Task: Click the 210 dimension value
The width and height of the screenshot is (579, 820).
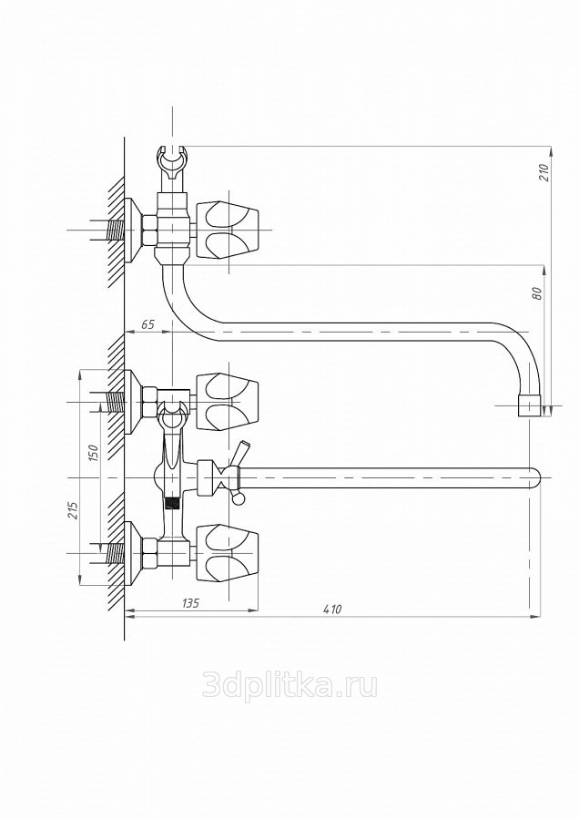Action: pyautogui.click(x=544, y=172)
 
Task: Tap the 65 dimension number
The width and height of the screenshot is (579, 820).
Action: pyautogui.click(x=147, y=324)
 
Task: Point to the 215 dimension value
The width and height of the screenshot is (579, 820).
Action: pyautogui.click(x=73, y=510)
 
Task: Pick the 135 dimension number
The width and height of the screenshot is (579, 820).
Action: pyautogui.click(x=190, y=603)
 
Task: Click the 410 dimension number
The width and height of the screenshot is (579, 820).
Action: pyautogui.click(x=332, y=610)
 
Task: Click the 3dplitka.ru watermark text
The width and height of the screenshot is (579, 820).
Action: pyautogui.click(x=289, y=685)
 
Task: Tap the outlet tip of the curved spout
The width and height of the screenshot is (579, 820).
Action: pyautogui.click(x=528, y=405)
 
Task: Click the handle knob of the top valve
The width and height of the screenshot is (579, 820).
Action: pyautogui.click(x=228, y=231)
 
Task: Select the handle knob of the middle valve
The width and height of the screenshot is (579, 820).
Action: pyautogui.click(x=228, y=402)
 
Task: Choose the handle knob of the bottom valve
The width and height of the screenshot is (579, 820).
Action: pyautogui.click(x=228, y=553)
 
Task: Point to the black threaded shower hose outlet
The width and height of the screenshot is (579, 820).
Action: pyautogui.click(x=172, y=503)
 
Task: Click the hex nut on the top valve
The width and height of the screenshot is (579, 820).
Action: pyautogui.click(x=149, y=231)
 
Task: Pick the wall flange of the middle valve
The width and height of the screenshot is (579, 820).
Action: pyautogui.click(x=133, y=402)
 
